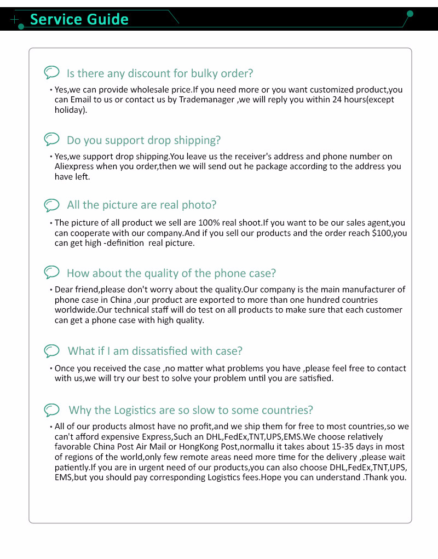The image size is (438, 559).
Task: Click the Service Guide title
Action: pyautogui.click(x=79, y=20)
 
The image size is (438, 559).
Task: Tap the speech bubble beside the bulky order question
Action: pyautogui.click(x=51, y=72)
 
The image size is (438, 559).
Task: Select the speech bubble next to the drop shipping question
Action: pyautogui.click(x=51, y=139)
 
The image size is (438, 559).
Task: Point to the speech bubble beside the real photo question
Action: pyautogui.click(x=51, y=205)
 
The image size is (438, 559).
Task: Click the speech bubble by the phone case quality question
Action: pyautogui.click(x=51, y=272)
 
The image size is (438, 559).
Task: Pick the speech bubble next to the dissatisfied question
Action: pyautogui.click(x=51, y=350)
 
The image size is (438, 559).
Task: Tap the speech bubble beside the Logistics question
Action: pyautogui.click(x=51, y=410)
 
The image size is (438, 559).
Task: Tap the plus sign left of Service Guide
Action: pyautogui.click(x=14, y=20)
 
